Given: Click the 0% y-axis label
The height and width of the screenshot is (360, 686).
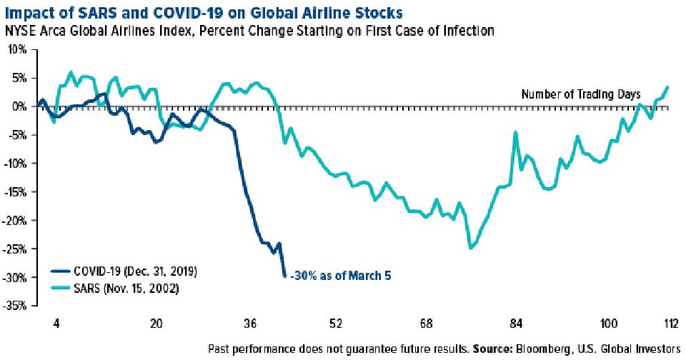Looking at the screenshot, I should pyautogui.click(x=20, y=106).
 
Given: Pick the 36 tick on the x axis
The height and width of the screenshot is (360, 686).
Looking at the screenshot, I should pyautogui.click(x=250, y=321).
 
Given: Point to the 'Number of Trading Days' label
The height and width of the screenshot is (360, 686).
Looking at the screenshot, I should pyautogui.click(x=581, y=94).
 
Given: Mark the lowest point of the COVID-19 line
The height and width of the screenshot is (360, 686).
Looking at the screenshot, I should pyautogui.click(x=285, y=276).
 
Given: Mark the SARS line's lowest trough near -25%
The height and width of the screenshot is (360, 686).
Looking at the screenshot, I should pyautogui.click(x=469, y=248).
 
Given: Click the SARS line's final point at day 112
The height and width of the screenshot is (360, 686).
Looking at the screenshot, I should pyautogui.click(x=667, y=87).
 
